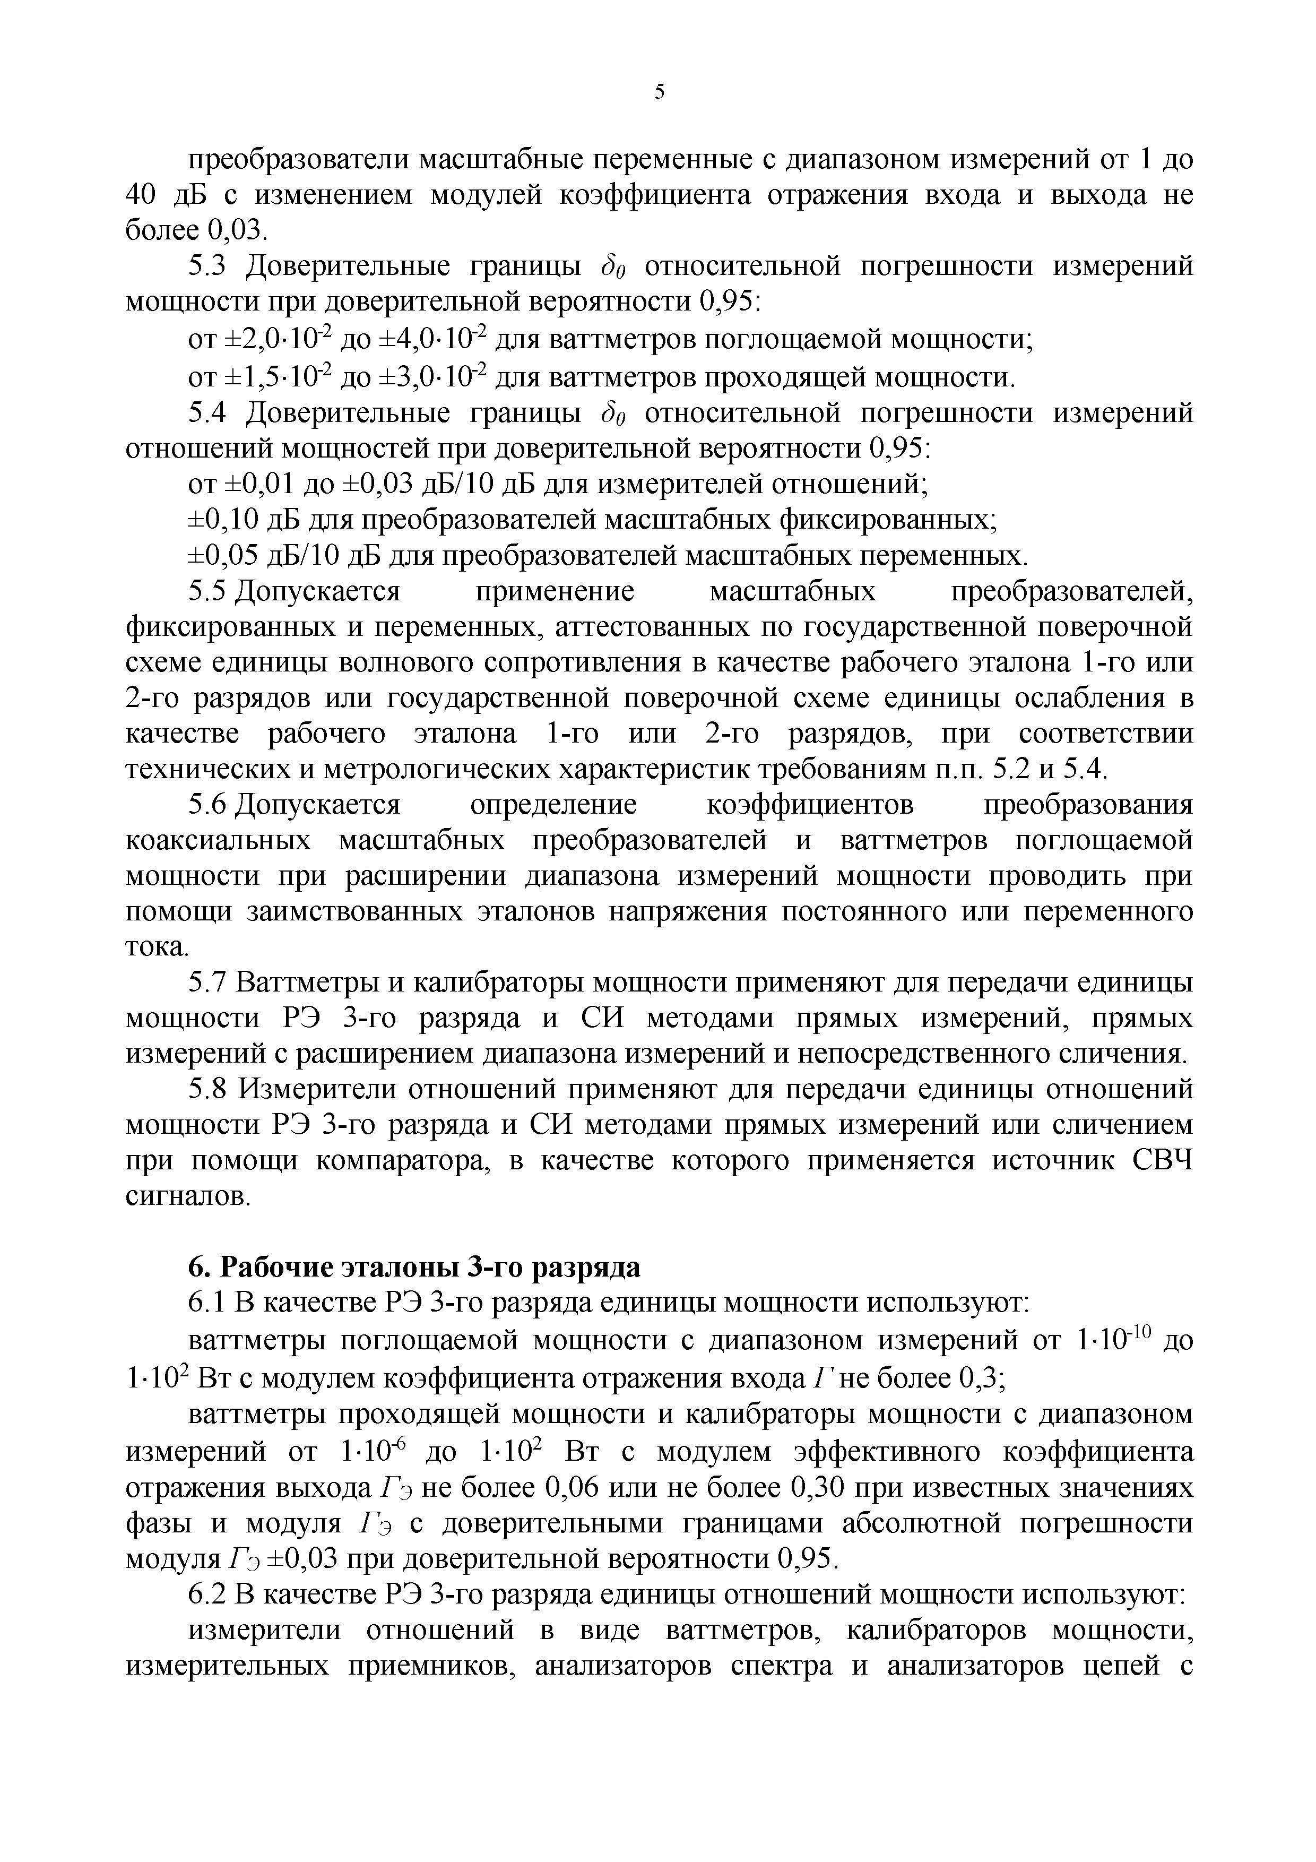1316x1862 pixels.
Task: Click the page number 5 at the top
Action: pyautogui.click(x=659, y=92)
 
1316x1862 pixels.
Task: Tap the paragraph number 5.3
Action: pyautogui.click(x=211, y=266)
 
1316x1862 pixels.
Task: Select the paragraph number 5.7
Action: pyautogui.click(x=211, y=983)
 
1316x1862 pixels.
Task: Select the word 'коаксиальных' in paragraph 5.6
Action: pyautogui.click(x=218, y=841)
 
